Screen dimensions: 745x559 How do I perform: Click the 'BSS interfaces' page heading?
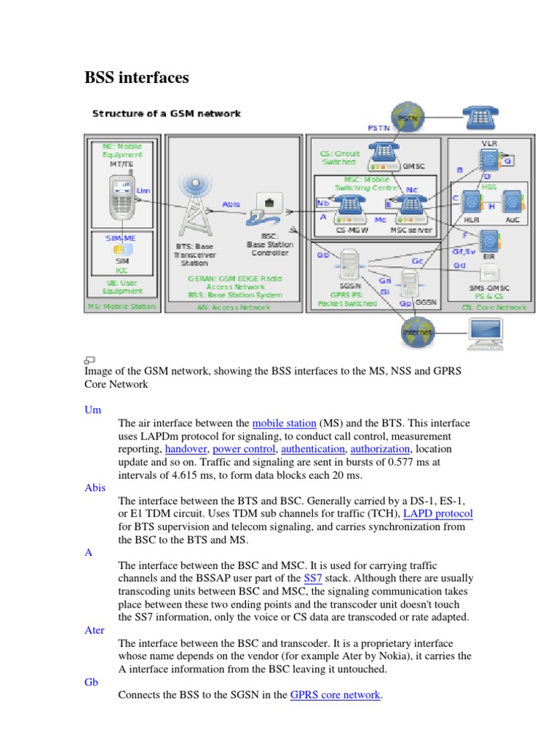point(137,77)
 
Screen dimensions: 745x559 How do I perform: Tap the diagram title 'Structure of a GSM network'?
point(166,113)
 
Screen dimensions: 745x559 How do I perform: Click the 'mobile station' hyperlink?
point(285,423)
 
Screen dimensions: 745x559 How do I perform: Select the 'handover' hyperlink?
point(185,449)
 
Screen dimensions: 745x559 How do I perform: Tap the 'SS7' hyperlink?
point(313,578)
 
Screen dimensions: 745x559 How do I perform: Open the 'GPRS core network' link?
point(335,695)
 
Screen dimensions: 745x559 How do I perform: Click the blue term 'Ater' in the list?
point(95,630)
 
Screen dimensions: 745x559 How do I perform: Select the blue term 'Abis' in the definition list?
point(95,488)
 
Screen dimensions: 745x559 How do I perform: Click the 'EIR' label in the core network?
point(489,257)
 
